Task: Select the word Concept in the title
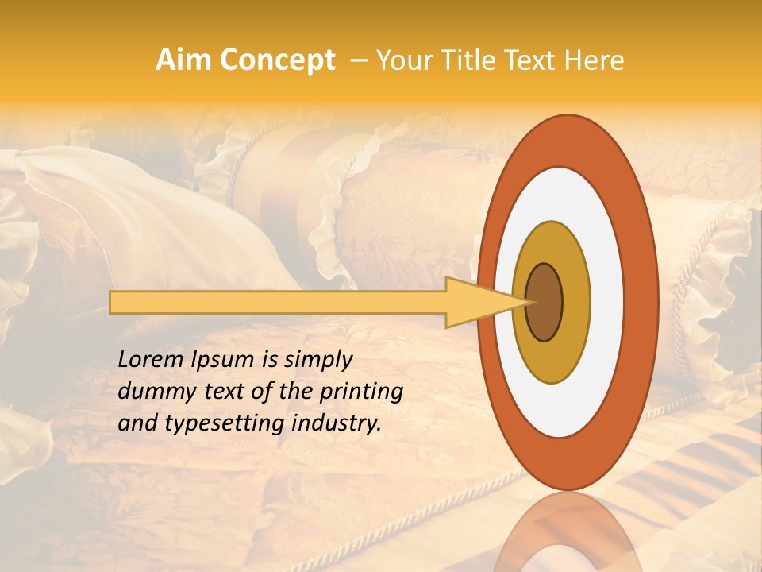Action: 277,60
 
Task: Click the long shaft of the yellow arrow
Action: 278,302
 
